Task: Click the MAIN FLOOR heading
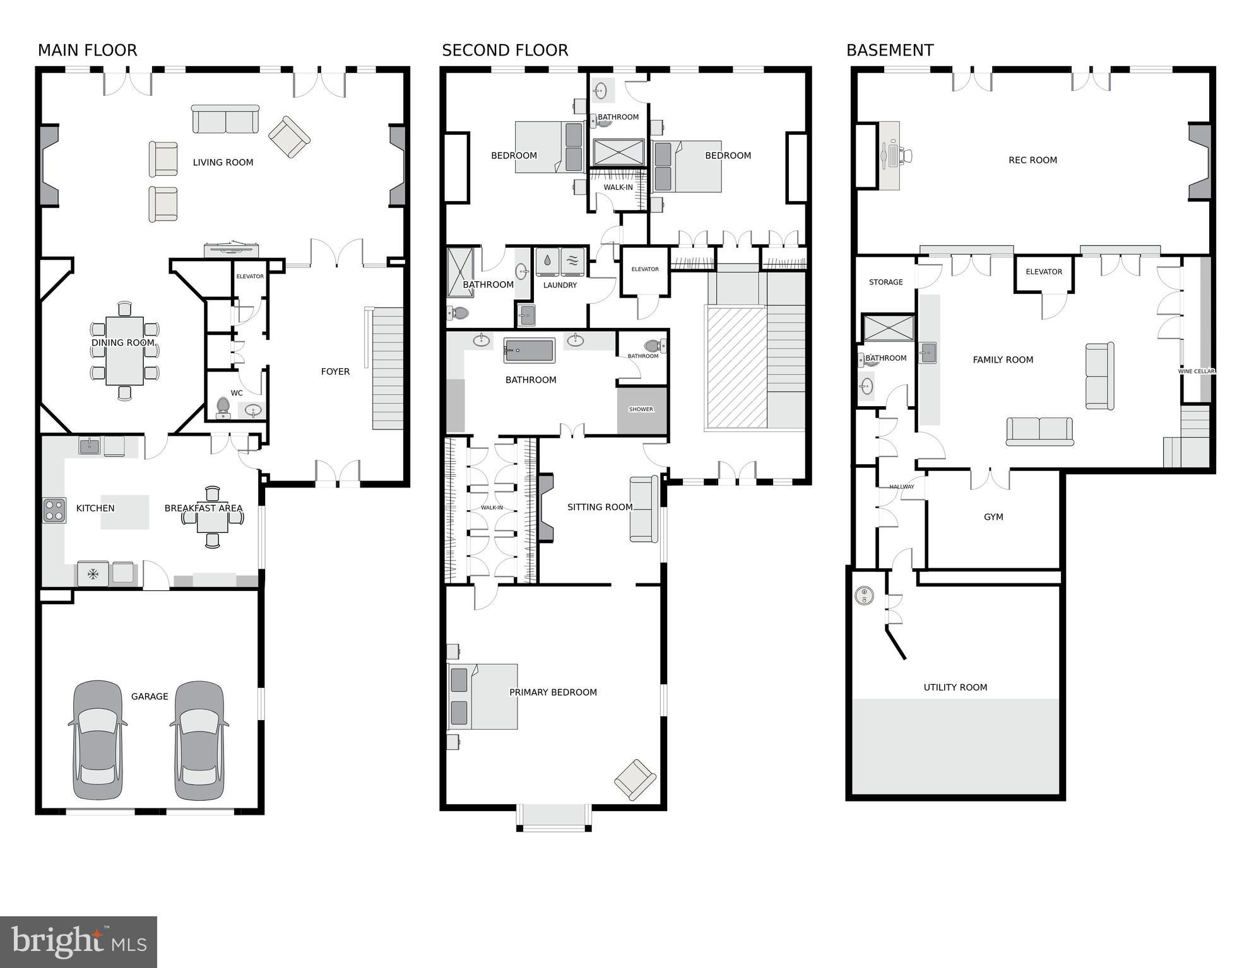(87, 50)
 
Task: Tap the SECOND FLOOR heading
(505, 50)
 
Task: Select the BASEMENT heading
(890, 50)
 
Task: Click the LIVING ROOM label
(223, 163)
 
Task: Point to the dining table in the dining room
(124, 351)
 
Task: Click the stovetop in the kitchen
(54, 510)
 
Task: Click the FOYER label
(335, 372)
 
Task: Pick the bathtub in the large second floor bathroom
(529, 351)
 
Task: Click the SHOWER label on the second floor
(641, 410)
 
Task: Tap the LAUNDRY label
(560, 286)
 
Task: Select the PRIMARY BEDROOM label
(553, 692)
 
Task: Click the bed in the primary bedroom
(483, 696)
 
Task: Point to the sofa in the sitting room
(644, 509)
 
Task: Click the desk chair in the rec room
(906, 155)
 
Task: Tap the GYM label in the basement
(993, 517)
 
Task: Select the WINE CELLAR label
(1196, 371)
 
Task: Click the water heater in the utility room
(864, 595)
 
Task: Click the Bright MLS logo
(78, 942)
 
